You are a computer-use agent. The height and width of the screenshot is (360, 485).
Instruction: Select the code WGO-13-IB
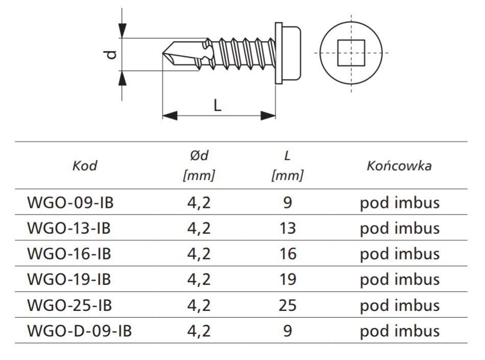[x=68, y=228]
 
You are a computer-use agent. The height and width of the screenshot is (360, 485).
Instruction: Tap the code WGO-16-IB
[x=68, y=254]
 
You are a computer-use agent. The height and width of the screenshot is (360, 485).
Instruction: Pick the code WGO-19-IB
[x=68, y=279]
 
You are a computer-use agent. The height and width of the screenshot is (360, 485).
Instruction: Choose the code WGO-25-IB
[x=69, y=305]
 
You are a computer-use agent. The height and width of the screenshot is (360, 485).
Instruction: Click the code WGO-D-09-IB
[x=79, y=331]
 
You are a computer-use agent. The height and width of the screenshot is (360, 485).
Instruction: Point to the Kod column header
[x=85, y=166]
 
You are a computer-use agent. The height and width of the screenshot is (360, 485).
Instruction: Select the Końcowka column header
[x=399, y=166]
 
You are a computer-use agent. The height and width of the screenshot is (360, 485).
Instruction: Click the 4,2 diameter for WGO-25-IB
[x=199, y=305]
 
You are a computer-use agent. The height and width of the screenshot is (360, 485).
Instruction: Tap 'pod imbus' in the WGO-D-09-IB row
[x=399, y=331]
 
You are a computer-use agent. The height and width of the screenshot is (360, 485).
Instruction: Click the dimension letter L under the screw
[x=217, y=105]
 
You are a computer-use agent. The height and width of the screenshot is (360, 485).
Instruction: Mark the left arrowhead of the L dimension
[x=169, y=116]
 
